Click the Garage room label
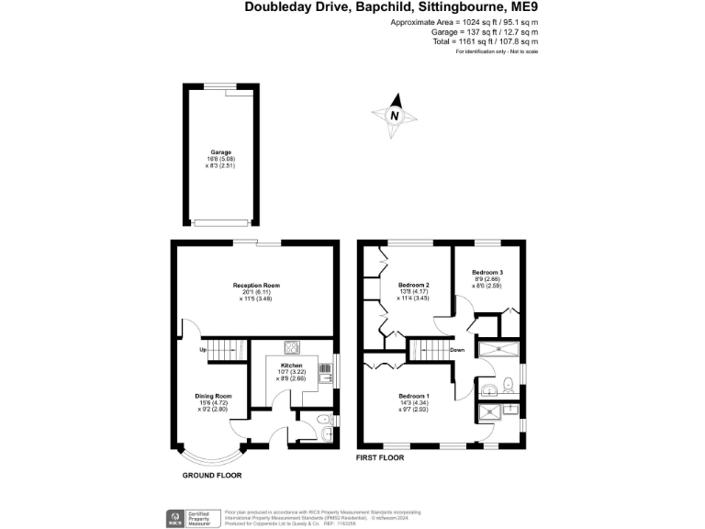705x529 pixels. click(x=219, y=152)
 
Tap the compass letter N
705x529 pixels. click(x=395, y=116)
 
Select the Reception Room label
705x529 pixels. click(x=256, y=286)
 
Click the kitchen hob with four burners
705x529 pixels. click(x=293, y=347)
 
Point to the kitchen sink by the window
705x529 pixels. click(x=325, y=372)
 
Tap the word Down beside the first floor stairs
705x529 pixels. click(x=457, y=350)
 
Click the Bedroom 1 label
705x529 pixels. click(x=414, y=396)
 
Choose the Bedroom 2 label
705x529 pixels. click(x=414, y=286)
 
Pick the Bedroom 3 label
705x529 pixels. click(x=487, y=273)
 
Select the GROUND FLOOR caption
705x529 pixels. click(x=211, y=475)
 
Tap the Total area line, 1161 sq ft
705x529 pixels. click(x=486, y=41)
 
